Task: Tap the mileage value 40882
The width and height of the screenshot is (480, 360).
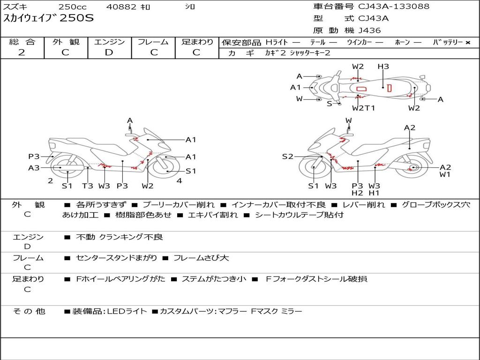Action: click(122, 7)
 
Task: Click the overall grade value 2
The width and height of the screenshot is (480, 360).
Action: click(22, 52)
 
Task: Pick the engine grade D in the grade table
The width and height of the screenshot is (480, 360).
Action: click(109, 52)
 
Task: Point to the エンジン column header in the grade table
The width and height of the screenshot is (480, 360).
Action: click(109, 42)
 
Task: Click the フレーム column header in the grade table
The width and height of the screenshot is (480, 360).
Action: click(153, 42)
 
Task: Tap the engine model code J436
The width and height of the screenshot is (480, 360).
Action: click(370, 30)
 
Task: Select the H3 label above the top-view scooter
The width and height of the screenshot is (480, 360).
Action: click(383, 67)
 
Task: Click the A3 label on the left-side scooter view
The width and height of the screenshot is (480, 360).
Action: click(34, 168)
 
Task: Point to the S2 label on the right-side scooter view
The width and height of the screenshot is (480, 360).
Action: click(287, 157)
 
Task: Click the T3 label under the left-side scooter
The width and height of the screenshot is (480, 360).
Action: click(88, 186)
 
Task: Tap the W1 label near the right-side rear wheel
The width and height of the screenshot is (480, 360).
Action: click(445, 175)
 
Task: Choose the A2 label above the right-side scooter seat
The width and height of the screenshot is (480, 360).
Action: click(410, 127)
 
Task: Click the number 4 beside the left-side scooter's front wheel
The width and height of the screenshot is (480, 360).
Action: click(179, 181)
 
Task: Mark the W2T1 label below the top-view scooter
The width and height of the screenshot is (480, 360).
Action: click(364, 108)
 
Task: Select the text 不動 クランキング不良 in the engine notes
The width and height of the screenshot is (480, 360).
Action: click(120, 237)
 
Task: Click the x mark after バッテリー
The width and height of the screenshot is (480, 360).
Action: click(467, 42)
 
